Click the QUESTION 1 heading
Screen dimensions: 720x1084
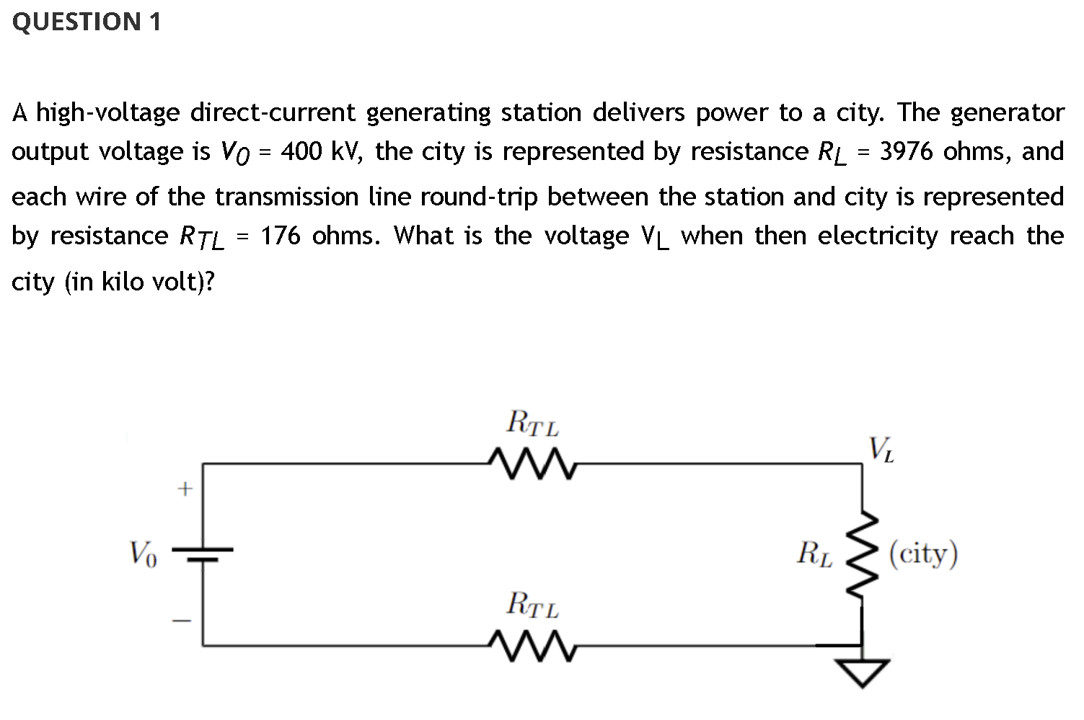point(87,22)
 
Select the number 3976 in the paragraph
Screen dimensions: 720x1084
point(907,151)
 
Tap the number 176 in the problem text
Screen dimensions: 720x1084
point(281,236)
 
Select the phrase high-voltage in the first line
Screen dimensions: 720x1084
point(108,112)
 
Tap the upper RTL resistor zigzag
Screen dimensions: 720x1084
point(532,465)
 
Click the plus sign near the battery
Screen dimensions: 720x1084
point(185,490)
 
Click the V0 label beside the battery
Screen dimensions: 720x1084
point(142,554)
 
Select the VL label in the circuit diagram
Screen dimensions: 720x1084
point(882,449)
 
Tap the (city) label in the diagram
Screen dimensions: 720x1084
point(923,554)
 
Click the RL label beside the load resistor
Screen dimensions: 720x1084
point(814,554)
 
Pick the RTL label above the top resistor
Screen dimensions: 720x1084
point(533,423)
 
